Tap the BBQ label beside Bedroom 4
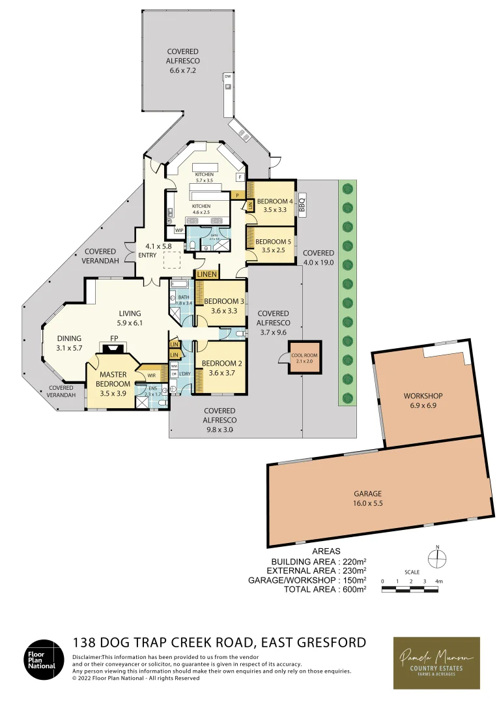(302, 205)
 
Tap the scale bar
(410, 589)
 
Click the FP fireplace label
(114, 339)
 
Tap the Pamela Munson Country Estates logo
(436, 662)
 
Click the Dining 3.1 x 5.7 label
(69, 343)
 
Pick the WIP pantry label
(178, 230)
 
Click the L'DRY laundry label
(185, 373)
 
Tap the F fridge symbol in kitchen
(240, 177)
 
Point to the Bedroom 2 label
(221, 368)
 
